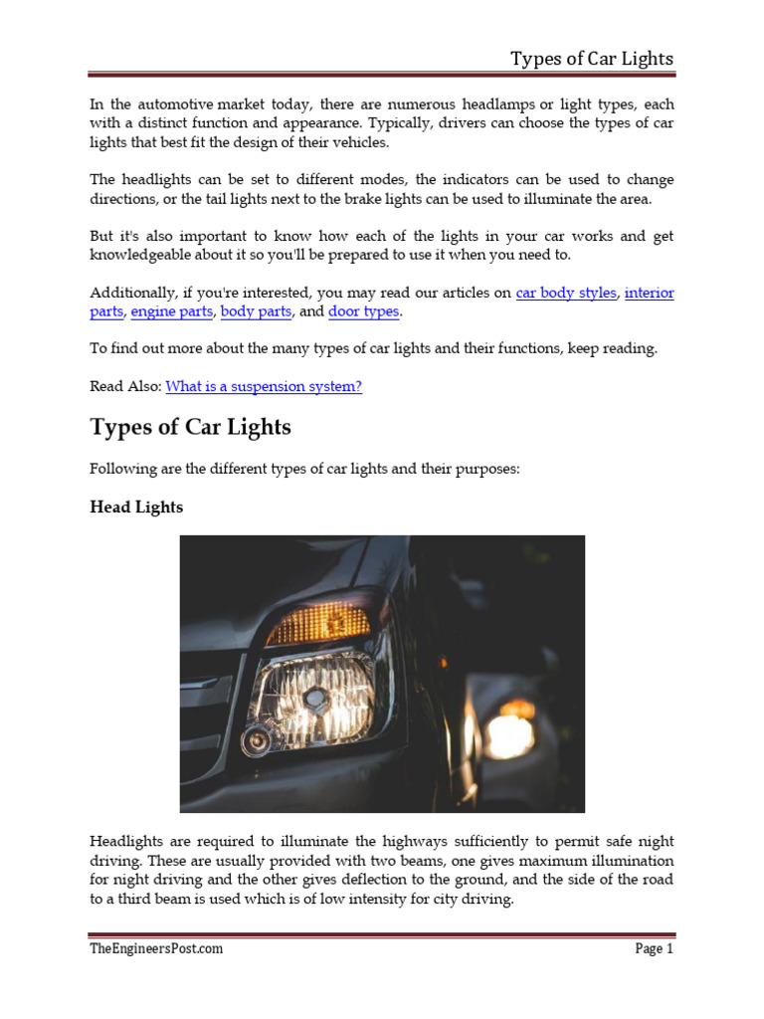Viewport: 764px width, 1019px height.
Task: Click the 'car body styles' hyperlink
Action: pyautogui.click(x=566, y=294)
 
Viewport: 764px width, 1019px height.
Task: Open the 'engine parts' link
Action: pyautogui.click(x=171, y=311)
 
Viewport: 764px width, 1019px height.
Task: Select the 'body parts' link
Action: pyautogui.click(x=256, y=311)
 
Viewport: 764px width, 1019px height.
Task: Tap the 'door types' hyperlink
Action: pyautogui.click(x=363, y=311)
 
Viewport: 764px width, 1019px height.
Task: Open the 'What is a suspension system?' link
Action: pyautogui.click(x=264, y=386)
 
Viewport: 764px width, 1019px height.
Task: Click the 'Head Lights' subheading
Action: pyautogui.click(x=136, y=507)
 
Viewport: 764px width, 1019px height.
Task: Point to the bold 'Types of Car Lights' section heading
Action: pyautogui.click(x=190, y=428)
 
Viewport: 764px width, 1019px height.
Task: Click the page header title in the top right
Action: pyautogui.click(x=592, y=58)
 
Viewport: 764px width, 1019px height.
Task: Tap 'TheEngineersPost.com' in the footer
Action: pyautogui.click(x=155, y=948)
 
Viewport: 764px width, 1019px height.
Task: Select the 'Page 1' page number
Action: pyautogui.click(x=655, y=948)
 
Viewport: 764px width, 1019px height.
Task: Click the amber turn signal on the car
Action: pyautogui.click(x=317, y=624)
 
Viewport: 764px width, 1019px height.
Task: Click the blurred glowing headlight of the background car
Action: pyautogui.click(x=509, y=734)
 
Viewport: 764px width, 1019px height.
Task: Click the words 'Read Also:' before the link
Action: pyautogui.click(x=125, y=386)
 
